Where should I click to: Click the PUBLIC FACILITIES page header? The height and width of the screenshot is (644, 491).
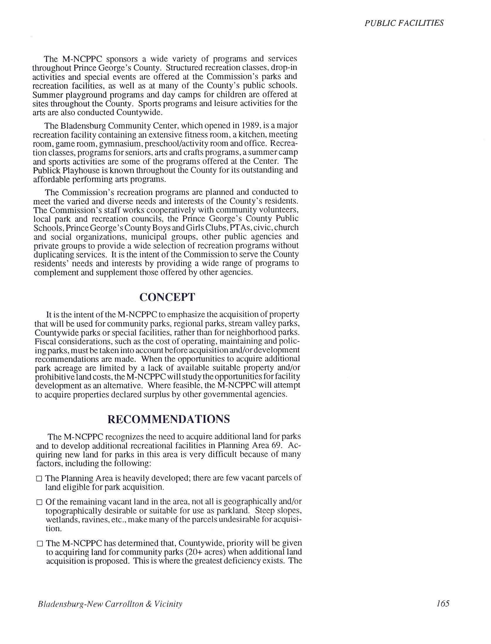(404, 23)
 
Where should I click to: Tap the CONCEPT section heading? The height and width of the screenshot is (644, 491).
(167, 297)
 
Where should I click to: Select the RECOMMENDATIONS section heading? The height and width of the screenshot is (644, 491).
(169, 419)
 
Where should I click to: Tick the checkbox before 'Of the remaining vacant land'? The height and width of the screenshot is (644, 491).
(39, 502)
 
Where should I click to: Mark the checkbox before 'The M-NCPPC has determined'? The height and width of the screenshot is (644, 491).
(40, 544)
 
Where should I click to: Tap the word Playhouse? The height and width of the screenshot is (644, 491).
(69, 171)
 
